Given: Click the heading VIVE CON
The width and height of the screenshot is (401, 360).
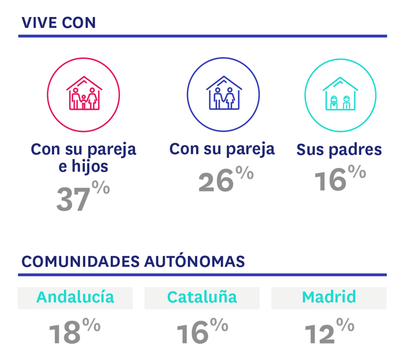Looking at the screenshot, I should pos(58,23).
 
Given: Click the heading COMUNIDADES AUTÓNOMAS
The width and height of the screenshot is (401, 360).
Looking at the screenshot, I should pos(133,262).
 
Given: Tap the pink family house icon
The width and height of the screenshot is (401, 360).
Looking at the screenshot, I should pos(84,95).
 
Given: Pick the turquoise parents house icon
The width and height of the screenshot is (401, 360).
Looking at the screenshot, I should pos(340,95).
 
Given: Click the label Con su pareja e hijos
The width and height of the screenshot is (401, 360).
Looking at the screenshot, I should pos(84,157).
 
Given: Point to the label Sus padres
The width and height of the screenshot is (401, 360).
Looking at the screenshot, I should pos(339,150).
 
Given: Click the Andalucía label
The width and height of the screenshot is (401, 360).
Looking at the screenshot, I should pos(75,297).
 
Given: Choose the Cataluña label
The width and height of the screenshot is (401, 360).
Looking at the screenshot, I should pos(202,297).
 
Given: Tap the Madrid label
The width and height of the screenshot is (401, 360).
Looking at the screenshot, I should pos(329,297).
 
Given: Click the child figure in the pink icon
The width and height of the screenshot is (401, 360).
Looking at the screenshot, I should pos(84,102).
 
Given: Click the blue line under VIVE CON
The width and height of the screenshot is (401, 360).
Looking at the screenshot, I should pos(202,36).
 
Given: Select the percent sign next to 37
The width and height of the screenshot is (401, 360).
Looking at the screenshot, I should pos(100,188).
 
